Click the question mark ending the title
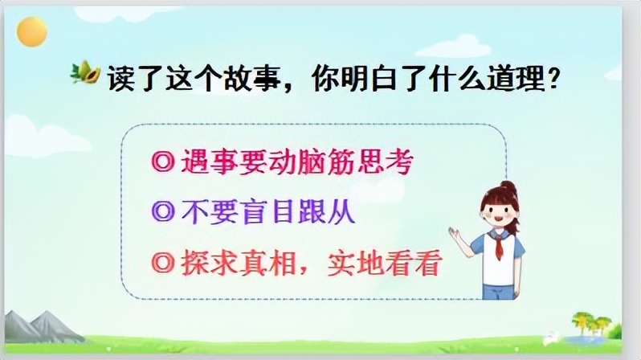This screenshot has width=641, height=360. pyautogui.click(x=552, y=81)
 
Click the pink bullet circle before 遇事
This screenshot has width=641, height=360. pyautogui.click(x=158, y=165)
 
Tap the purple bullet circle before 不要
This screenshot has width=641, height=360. pyautogui.click(x=158, y=214)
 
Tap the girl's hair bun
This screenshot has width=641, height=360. pyautogui.click(x=507, y=186)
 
